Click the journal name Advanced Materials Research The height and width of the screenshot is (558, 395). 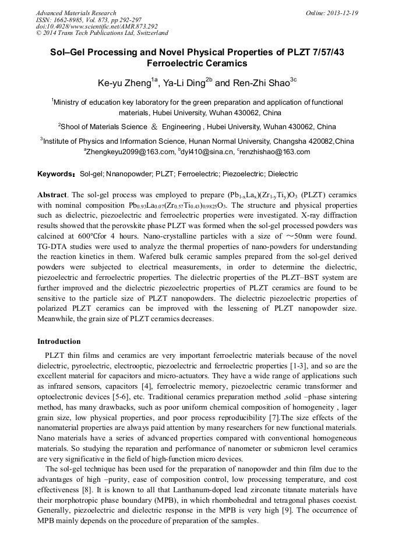coord(76,13)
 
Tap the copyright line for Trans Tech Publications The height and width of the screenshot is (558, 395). coord(102,33)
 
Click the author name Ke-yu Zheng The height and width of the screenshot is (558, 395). coord(124,83)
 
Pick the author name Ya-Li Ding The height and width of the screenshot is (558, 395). coord(184,83)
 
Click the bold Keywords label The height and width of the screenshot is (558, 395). coord(56,174)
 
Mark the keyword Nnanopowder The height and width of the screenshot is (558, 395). coord(128,174)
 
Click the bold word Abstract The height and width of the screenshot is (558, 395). coord(53,194)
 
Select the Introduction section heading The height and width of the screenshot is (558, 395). coord(59,342)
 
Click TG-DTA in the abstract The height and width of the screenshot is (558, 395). coord(52,246)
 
